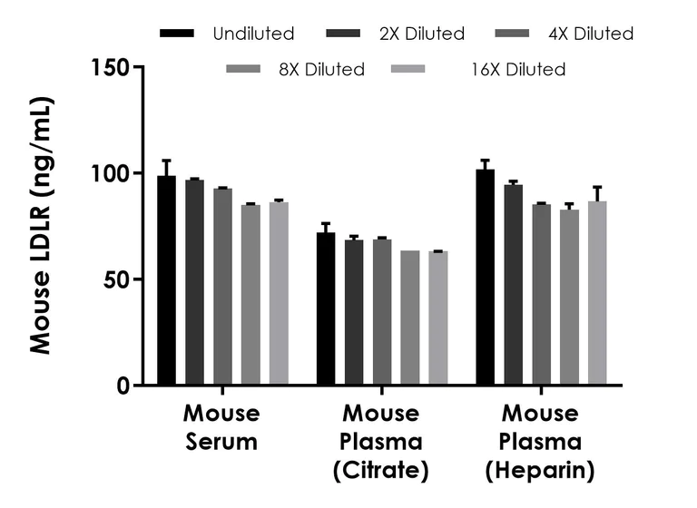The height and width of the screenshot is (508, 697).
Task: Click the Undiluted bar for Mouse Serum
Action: click(x=166, y=281)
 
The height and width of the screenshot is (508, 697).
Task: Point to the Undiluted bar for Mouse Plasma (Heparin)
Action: click(x=485, y=278)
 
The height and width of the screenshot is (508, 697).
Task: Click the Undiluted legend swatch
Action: click(x=177, y=34)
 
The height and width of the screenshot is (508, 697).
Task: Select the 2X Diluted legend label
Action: click(x=422, y=34)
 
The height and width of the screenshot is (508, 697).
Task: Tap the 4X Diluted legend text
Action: click(x=591, y=34)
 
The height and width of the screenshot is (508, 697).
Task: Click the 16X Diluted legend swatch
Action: click(x=408, y=69)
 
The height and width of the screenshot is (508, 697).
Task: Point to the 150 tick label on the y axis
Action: click(x=111, y=67)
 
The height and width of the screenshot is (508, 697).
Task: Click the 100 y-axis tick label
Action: click(x=111, y=173)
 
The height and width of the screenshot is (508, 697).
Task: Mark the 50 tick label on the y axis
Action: click(x=117, y=279)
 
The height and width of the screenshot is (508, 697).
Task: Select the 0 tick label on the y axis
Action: click(x=123, y=386)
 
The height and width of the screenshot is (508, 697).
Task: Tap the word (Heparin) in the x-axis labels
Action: click(x=540, y=471)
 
